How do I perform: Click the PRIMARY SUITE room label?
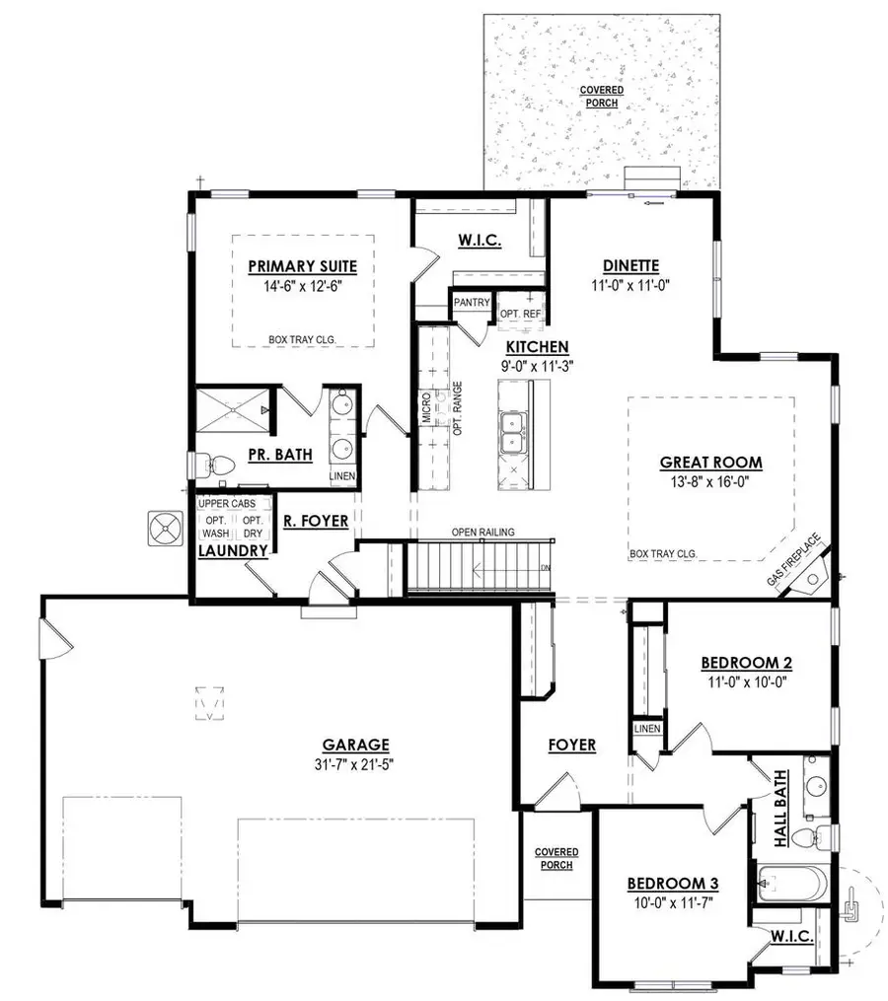tap(302, 265)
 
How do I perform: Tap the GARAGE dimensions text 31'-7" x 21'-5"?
tap(354, 762)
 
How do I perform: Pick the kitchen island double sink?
tap(512, 433)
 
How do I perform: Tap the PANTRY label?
tap(472, 303)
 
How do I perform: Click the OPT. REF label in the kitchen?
tap(520, 314)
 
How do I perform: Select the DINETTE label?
tap(630, 264)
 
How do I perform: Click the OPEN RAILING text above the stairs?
tap(482, 533)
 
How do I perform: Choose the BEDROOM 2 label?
tap(747, 662)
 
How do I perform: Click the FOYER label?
tap(571, 745)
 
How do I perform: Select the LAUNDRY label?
tap(233, 550)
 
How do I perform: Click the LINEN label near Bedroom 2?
tap(647, 729)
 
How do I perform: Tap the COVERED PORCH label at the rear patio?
tap(602, 98)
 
